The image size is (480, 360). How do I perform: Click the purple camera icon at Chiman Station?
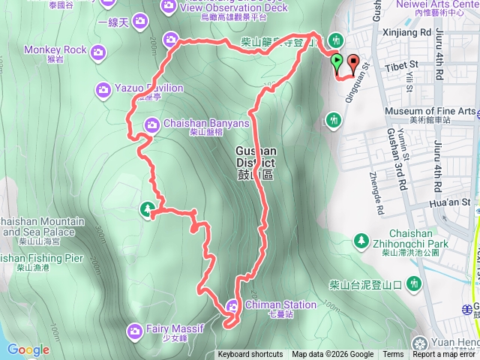pos(232,305)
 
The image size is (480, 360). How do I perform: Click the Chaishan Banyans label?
pos(197,123)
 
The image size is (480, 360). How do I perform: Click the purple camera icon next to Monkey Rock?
pos(97,51)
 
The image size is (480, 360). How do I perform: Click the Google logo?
pos(28,349)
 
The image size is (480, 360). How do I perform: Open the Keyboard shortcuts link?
pos(250,355)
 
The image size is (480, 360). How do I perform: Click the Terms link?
pos(393,355)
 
